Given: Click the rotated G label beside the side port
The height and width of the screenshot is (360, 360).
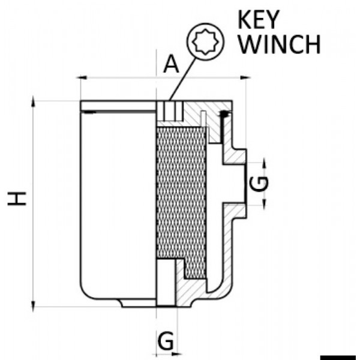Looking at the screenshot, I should coord(257,183).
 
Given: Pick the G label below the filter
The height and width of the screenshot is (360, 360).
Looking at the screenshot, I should coord(167,341).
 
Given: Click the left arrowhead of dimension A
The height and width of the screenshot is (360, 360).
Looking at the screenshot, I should coord(83,77).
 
